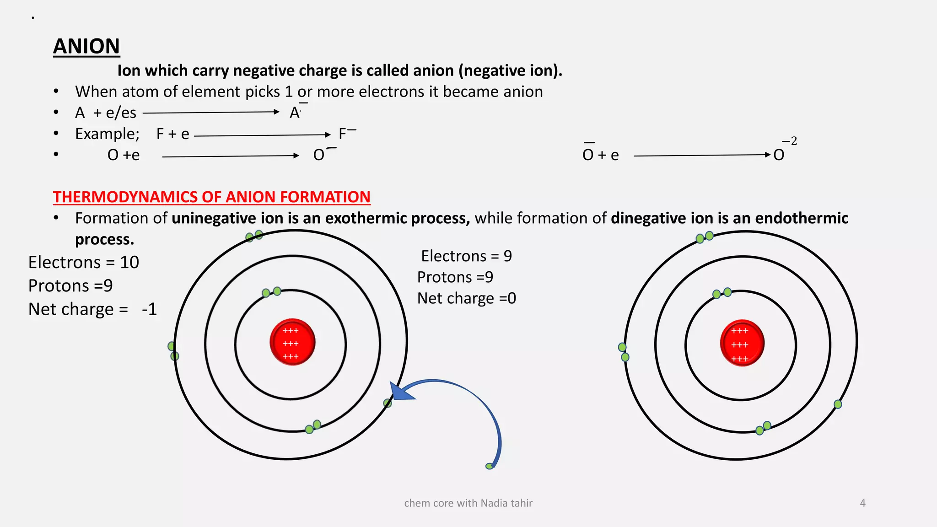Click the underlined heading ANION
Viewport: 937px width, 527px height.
pyautogui.click(x=86, y=47)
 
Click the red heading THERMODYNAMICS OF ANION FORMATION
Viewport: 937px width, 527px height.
pyautogui.click(x=211, y=197)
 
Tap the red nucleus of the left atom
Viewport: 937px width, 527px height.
pyautogui.click(x=292, y=342)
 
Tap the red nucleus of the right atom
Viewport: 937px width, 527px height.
pyautogui.click(x=742, y=343)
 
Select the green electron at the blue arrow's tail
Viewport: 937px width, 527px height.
pyautogui.click(x=490, y=466)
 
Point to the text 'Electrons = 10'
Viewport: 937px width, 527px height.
pyautogui.click(x=83, y=262)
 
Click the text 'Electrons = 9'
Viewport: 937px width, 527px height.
pyautogui.click(x=466, y=256)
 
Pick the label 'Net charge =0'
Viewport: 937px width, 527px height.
pyautogui.click(x=466, y=298)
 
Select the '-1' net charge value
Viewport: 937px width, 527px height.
pyautogui.click(x=149, y=309)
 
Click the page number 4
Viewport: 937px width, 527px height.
pyautogui.click(x=862, y=503)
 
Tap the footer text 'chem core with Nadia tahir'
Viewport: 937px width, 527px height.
pyautogui.click(x=468, y=503)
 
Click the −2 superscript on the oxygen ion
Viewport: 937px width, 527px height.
pyautogui.click(x=789, y=141)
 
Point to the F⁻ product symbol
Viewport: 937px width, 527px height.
pyautogui.click(x=347, y=134)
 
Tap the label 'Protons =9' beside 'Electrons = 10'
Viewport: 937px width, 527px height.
pyautogui.click(x=70, y=286)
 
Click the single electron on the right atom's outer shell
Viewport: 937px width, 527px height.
pyautogui.click(x=838, y=404)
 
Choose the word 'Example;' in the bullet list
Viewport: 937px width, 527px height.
pyautogui.click(x=107, y=134)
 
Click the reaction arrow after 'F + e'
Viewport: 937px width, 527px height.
pyautogui.click(x=262, y=135)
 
